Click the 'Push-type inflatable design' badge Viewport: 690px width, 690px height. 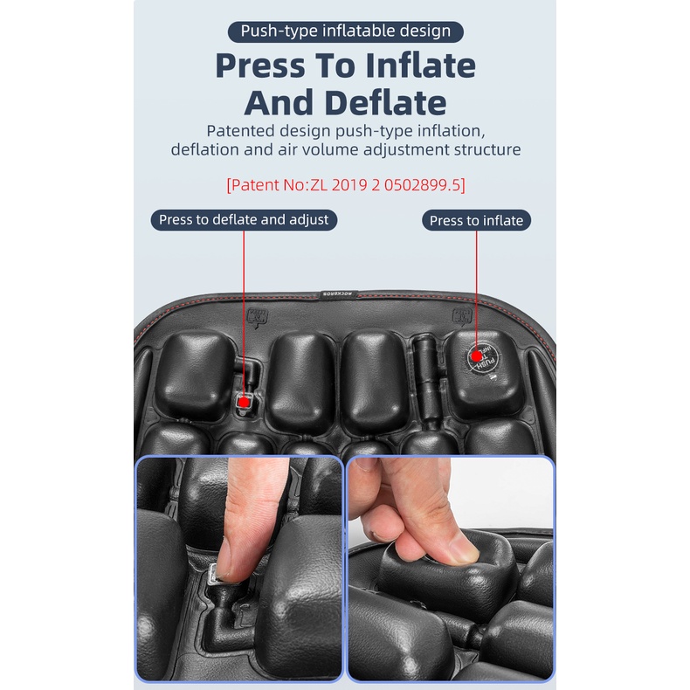click(346, 31)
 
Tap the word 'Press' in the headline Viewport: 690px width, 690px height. click(260, 66)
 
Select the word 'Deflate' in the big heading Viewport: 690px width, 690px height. click(386, 103)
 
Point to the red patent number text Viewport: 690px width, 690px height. click(346, 185)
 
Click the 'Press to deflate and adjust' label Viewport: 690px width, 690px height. click(244, 219)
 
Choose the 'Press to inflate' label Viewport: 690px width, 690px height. click(476, 220)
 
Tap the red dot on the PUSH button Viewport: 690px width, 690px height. click(476, 356)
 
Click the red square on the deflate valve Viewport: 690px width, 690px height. click(244, 402)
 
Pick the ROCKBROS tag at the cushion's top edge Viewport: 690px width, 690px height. click(337, 293)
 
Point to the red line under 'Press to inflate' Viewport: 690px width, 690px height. click(476, 291)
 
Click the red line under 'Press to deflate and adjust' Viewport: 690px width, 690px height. click(244, 314)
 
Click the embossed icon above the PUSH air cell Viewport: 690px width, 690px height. click(462, 316)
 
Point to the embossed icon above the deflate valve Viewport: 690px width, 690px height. click(258, 318)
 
